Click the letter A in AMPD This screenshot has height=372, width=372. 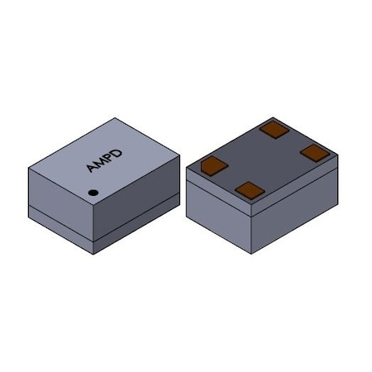(x=91, y=169)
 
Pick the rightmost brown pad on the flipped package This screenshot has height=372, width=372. (x=315, y=151)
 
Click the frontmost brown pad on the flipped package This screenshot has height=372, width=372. (x=249, y=190)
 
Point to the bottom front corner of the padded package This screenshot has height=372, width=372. (x=250, y=254)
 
